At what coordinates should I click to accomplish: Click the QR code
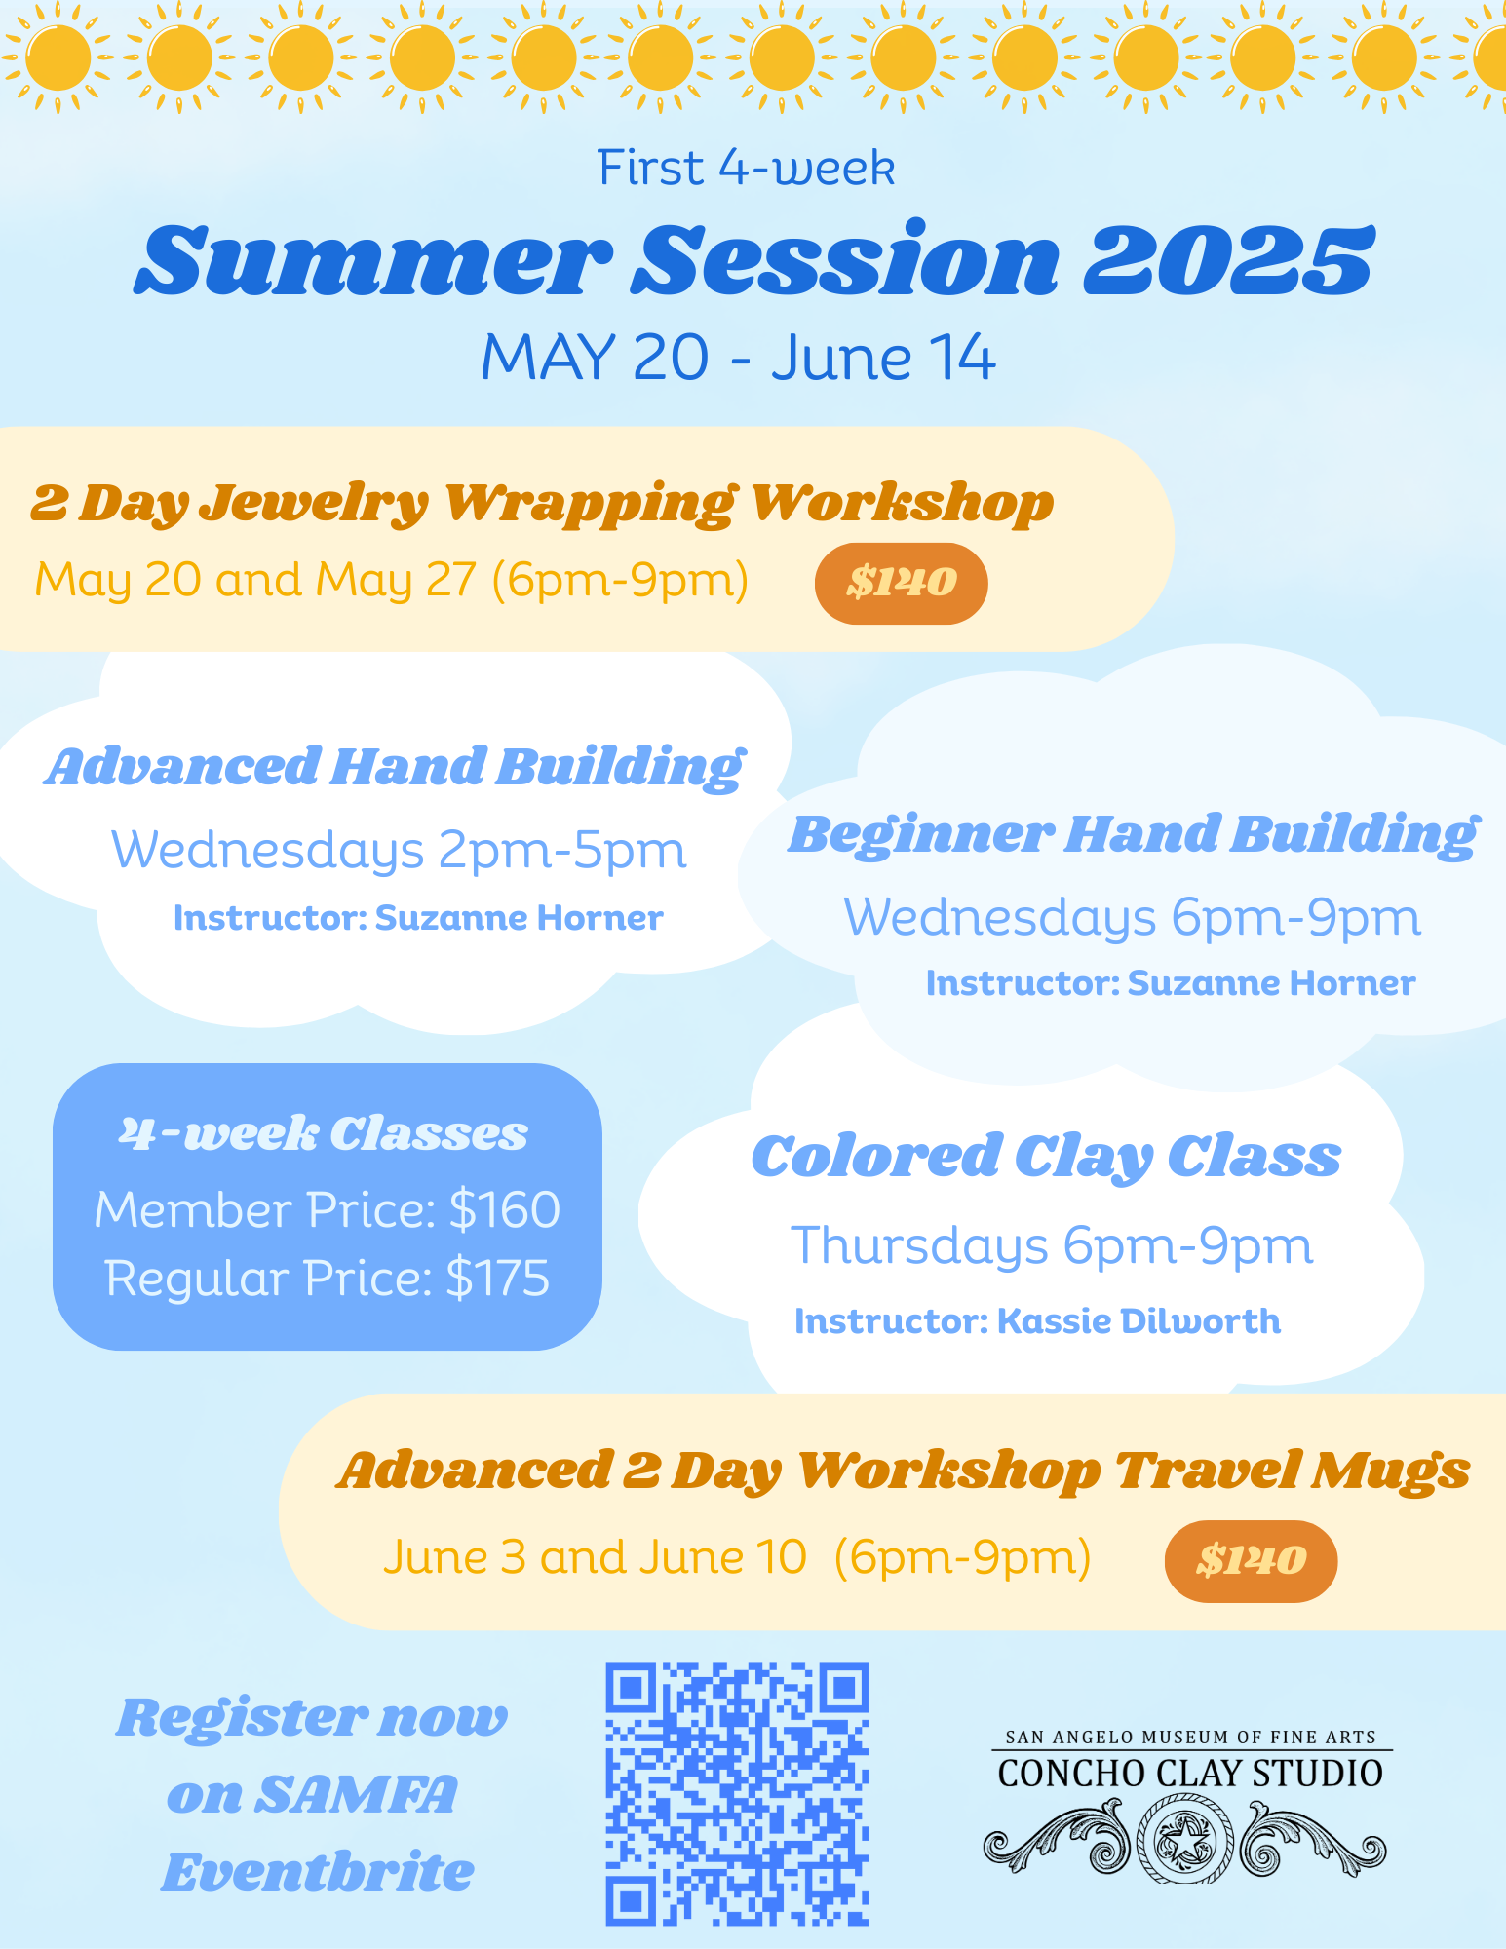point(737,1794)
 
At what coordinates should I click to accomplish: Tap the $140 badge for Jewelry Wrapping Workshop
point(901,583)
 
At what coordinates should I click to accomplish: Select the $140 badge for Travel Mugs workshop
point(1251,1561)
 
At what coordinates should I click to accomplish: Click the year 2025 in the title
point(1228,260)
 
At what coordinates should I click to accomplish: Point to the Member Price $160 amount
point(505,1209)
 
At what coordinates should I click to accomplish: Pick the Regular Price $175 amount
point(497,1278)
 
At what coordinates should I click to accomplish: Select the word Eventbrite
point(318,1872)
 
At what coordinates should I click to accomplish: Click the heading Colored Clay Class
point(1046,1158)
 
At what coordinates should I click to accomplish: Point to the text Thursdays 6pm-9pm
point(1052,1246)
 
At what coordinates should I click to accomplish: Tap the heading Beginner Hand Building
point(1134,836)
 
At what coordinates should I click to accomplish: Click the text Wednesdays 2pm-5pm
point(399,851)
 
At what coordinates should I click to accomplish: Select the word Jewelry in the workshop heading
point(314,505)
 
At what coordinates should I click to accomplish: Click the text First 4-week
point(746,168)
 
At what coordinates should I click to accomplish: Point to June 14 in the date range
point(883,358)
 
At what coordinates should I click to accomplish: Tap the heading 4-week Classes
point(324,1134)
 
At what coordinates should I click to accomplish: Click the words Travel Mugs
point(1293,1471)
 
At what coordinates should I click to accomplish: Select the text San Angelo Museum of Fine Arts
point(1190,1738)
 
